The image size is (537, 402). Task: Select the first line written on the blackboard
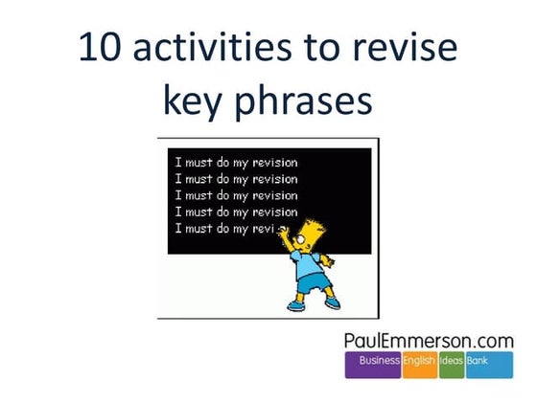[x=236, y=162]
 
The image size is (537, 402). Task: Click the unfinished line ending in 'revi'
[x=230, y=229]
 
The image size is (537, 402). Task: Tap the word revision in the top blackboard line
[x=273, y=162]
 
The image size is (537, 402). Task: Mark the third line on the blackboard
[x=236, y=195]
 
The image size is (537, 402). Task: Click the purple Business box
[x=380, y=362]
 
